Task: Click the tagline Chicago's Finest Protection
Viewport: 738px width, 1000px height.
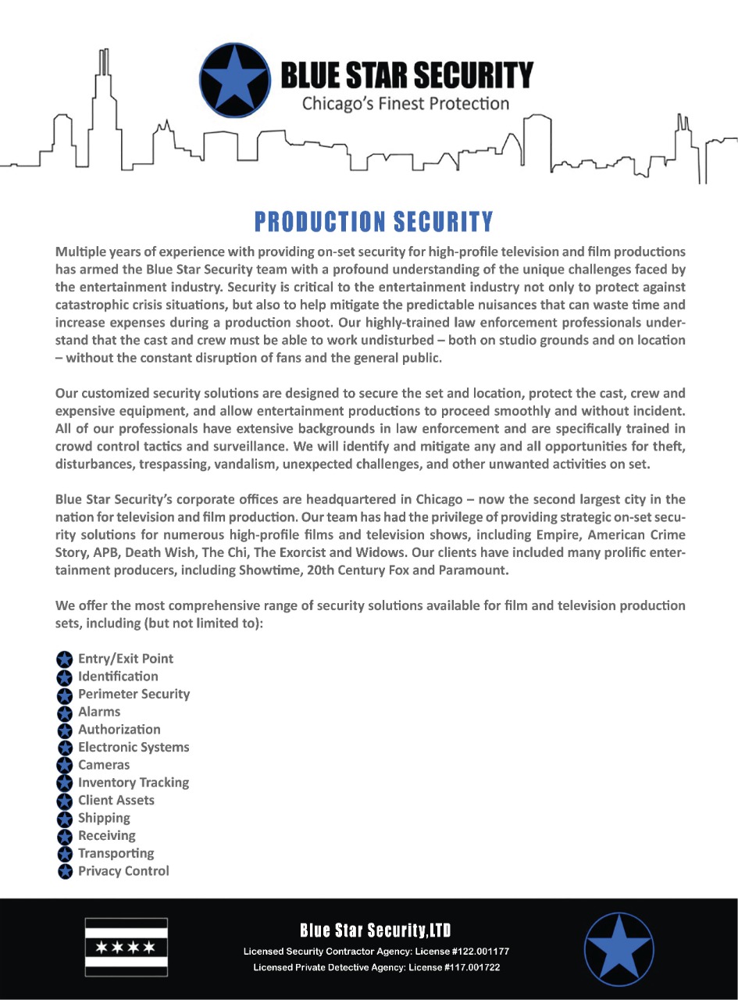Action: tap(405, 104)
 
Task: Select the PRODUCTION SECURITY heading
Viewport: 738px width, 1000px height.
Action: tap(374, 222)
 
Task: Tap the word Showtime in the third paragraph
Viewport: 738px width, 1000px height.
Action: tap(263, 570)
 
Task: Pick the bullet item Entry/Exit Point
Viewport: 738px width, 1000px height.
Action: tap(126, 659)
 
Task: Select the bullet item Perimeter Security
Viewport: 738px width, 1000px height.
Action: tap(134, 694)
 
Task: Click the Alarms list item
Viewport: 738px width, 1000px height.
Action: tap(99, 712)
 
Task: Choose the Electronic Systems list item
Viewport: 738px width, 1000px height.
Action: tap(134, 747)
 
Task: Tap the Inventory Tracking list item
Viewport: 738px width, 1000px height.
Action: tap(134, 782)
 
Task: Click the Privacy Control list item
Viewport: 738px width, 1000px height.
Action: tap(123, 870)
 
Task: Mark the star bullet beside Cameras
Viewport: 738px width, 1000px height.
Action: tap(66, 766)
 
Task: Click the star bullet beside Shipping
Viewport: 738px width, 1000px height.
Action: tap(66, 819)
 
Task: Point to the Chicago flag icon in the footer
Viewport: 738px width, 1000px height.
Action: tap(126, 947)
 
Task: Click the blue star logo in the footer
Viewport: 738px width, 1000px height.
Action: tap(619, 948)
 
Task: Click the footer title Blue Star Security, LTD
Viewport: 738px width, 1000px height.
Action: tap(376, 930)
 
